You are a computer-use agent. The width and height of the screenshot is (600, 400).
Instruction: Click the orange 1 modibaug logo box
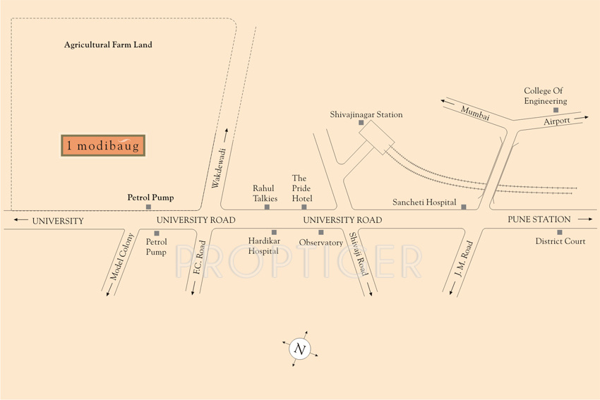103,145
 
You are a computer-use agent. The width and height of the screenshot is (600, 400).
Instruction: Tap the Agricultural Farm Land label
108,45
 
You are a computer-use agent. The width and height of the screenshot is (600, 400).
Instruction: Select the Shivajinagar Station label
366,114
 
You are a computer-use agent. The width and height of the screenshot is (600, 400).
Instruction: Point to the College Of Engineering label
545,96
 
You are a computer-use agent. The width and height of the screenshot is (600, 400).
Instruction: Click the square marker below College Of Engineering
556,110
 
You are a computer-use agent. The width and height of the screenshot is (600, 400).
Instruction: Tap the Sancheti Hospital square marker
464,207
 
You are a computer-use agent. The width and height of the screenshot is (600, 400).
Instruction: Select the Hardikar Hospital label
263,246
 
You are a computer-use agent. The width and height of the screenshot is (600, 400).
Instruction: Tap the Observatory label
320,243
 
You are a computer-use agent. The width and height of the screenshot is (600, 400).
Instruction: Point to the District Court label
560,241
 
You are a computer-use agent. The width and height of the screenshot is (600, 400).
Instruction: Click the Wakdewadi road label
218,169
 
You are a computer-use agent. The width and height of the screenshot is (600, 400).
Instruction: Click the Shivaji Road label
359,254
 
